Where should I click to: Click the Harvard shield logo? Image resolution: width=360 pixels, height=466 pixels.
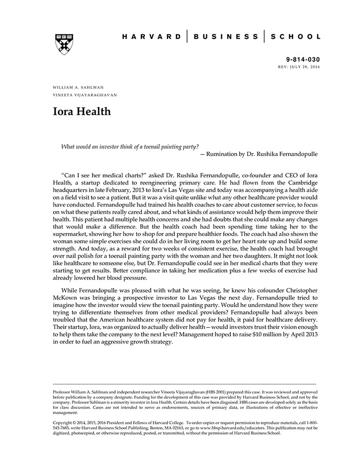tap(64, 44)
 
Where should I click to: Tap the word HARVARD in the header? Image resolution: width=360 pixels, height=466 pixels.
tap(152, 37)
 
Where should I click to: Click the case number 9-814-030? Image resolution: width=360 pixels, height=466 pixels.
tap(303, 60)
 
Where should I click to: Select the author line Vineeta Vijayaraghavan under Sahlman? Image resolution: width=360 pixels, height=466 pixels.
tap(85, 95)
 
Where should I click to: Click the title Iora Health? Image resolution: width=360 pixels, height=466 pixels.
tap(82, 111)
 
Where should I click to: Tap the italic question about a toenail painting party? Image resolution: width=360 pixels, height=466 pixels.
tap(130, 146)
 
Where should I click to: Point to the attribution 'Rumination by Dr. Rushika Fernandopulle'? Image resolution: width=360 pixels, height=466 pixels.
tap(261, 154)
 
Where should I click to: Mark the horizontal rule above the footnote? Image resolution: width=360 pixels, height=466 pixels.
tap(185, 384)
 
